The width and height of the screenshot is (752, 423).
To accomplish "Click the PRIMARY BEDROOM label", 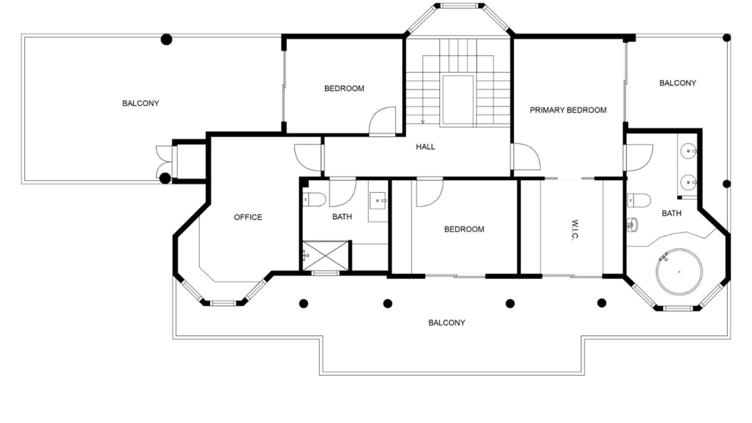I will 568,110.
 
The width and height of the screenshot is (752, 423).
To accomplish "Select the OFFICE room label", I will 248,217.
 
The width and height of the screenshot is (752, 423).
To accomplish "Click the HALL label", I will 425,147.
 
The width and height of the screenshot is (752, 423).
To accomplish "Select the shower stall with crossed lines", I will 325,256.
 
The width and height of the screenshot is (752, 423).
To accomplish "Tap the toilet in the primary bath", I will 639,201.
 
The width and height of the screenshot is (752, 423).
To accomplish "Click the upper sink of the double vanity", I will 689,150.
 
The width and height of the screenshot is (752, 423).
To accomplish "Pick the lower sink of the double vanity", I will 689,182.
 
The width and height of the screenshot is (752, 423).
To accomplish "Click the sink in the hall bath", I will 378,201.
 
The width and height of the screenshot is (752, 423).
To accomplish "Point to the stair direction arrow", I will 423,121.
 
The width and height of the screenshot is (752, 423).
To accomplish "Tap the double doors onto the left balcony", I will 163,161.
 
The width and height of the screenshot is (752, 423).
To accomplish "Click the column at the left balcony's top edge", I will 166,39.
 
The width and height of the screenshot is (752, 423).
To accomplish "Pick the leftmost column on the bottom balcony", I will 304,303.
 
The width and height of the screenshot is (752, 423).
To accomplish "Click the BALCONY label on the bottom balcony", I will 446,323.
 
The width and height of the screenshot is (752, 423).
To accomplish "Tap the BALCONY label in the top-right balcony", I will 678,83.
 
